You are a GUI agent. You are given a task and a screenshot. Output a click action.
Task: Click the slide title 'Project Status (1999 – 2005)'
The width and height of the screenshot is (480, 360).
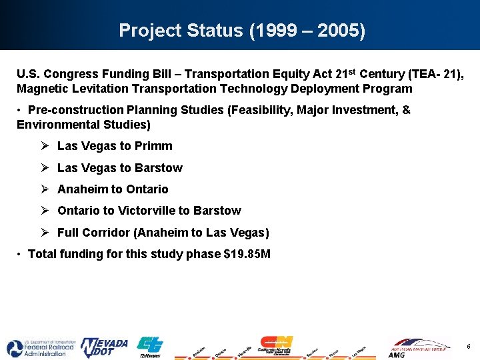241,31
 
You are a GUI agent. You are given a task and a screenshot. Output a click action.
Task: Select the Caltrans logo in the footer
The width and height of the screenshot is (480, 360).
150,347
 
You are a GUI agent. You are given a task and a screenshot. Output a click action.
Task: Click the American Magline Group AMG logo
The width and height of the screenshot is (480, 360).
419,347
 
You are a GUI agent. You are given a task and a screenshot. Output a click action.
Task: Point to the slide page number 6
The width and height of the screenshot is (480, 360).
469,346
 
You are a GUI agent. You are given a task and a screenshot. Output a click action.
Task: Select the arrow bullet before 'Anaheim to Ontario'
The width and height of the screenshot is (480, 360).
43,189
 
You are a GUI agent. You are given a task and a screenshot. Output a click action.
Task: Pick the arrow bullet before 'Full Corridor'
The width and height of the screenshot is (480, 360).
43,233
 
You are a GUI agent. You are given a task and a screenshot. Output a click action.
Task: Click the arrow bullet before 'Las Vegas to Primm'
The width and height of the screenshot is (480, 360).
43,146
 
